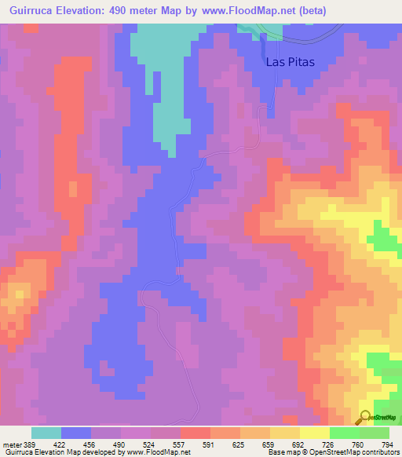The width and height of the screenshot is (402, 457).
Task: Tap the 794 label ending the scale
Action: tap(386, 444)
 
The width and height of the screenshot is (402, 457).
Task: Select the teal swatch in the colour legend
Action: tap(46, 433)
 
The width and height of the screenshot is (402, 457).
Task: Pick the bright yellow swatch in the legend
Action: tap(314, 433)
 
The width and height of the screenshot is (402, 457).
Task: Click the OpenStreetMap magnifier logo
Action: tap(364, 417)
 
